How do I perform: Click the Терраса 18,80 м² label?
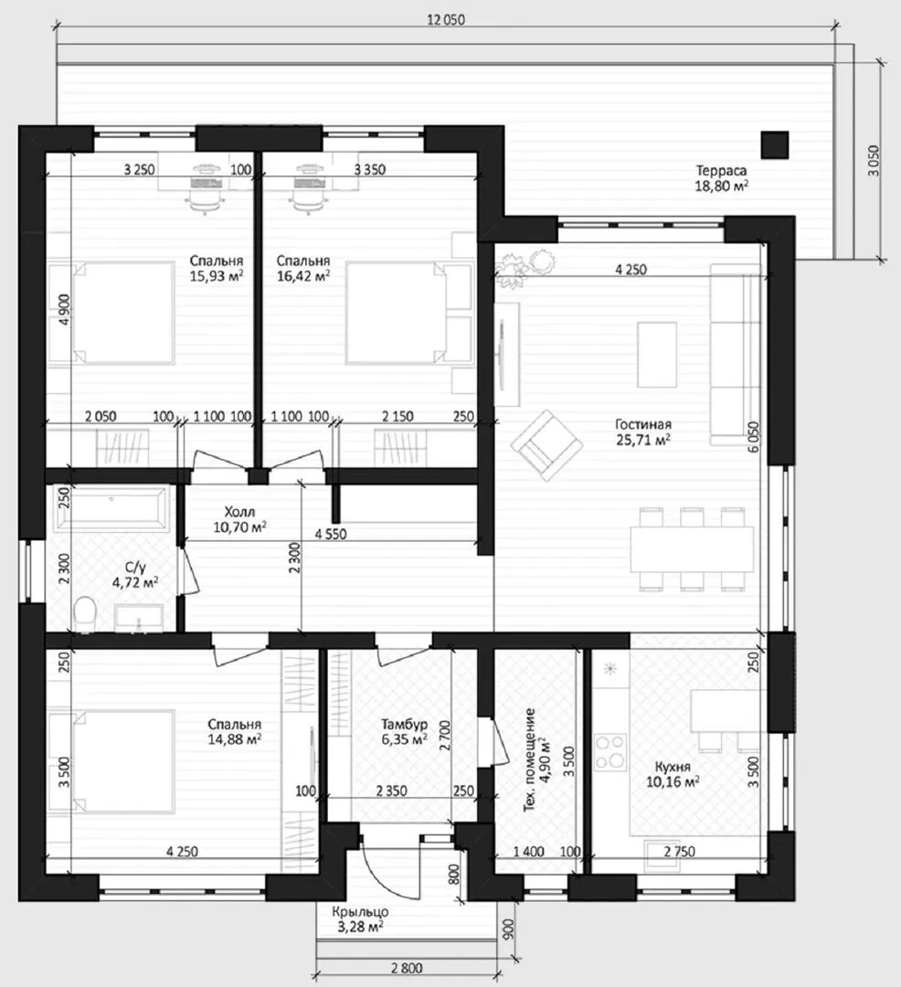(x=721, y=178)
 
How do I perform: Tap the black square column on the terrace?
(x=774, y=144)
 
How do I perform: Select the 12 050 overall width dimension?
(x=445, y=19)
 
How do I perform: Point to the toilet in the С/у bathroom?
(x=84, y=613)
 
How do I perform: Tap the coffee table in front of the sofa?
(x=657, y=355)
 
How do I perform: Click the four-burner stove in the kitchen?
(x=609, y=751)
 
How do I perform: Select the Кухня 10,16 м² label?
(x=673, y=774)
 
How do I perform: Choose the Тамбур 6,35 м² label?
(x=404, y=731)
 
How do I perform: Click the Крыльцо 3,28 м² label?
(x=360, y=919)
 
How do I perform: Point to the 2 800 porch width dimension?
(x=407, y=968)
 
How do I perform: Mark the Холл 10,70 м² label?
(x=239, y=519)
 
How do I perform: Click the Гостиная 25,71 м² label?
(x=643, y=431)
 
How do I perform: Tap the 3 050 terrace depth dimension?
(x=874, y=161)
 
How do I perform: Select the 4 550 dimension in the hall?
(x=331, y=534)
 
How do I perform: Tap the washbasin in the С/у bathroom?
(x=138, y=618)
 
